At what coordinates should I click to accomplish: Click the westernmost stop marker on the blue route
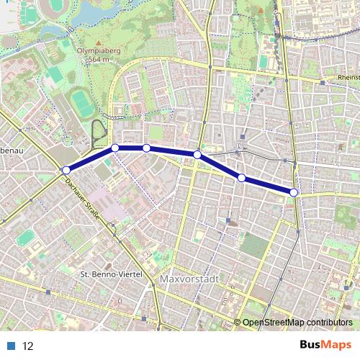coord(66,170)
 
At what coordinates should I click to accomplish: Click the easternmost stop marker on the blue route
coord(294,192)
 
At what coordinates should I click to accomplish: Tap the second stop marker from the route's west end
coord(115,148)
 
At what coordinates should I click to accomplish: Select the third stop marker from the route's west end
coord(146,148)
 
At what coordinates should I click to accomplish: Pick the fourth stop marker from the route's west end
coord(197,154)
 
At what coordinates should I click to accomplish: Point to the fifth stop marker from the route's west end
coord(242,178)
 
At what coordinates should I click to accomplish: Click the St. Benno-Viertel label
coord(109,274)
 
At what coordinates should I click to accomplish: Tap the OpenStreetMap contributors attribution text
coord(297,323)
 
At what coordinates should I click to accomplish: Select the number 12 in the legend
coord(28,346)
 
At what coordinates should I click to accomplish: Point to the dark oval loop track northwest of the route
coord(97,134)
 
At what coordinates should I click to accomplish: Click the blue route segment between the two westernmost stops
coord(91,159)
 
